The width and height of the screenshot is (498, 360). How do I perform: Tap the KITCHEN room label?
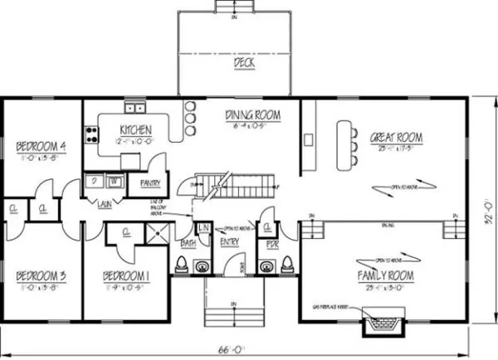pos(134,130)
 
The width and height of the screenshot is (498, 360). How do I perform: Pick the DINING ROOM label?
pos(252,115)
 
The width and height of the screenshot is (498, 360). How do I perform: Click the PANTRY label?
pos(149,183)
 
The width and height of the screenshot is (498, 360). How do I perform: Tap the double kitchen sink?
pos(134,107)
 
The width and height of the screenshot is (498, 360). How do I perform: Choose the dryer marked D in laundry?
pos(96,182)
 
